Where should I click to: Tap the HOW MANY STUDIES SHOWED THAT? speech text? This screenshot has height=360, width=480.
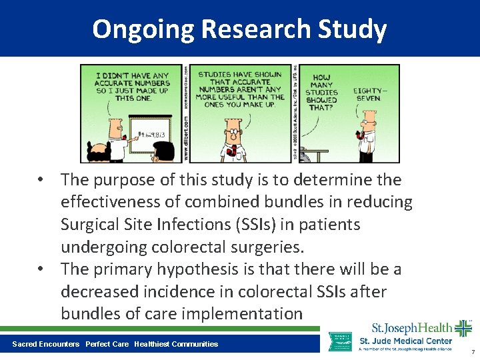click(x=321, y=92)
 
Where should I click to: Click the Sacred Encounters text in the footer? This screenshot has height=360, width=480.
click(x=45, y=344)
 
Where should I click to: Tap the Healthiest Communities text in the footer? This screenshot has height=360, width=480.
click(x=176, y=344)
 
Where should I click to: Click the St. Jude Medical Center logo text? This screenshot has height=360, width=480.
click(x=405, y=341)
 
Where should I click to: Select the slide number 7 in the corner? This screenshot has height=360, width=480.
click(x=472, y=351)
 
